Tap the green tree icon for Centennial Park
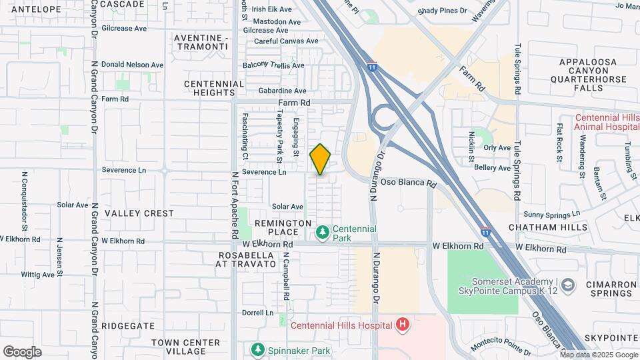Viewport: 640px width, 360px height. [323, 232]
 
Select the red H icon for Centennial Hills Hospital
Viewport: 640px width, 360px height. [403, 325]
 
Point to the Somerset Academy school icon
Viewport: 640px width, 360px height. [567, 286]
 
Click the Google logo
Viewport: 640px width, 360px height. [22, 352]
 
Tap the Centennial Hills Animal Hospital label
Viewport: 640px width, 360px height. [607, 123]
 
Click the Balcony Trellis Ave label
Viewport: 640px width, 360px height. [273, 65]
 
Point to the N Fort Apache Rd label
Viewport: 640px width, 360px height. [235, 207]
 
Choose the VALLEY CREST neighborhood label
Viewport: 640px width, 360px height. [139, 213]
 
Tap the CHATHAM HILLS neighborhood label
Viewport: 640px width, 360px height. [548, 227]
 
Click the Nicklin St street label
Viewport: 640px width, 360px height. [471, 147]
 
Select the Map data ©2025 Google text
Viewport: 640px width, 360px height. [598, 355]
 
